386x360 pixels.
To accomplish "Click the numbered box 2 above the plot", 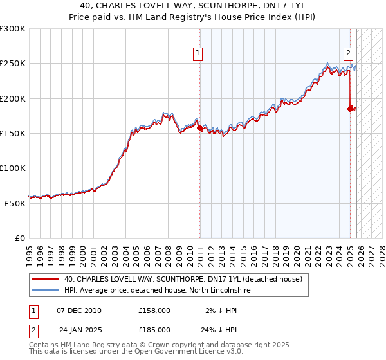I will point(348,54).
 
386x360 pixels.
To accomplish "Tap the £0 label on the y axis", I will point(19,237).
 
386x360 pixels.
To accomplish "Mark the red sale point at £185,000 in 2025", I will point(351,109).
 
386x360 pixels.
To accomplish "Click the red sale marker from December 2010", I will point(199,128).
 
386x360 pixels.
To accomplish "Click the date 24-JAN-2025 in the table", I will point(80,329).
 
